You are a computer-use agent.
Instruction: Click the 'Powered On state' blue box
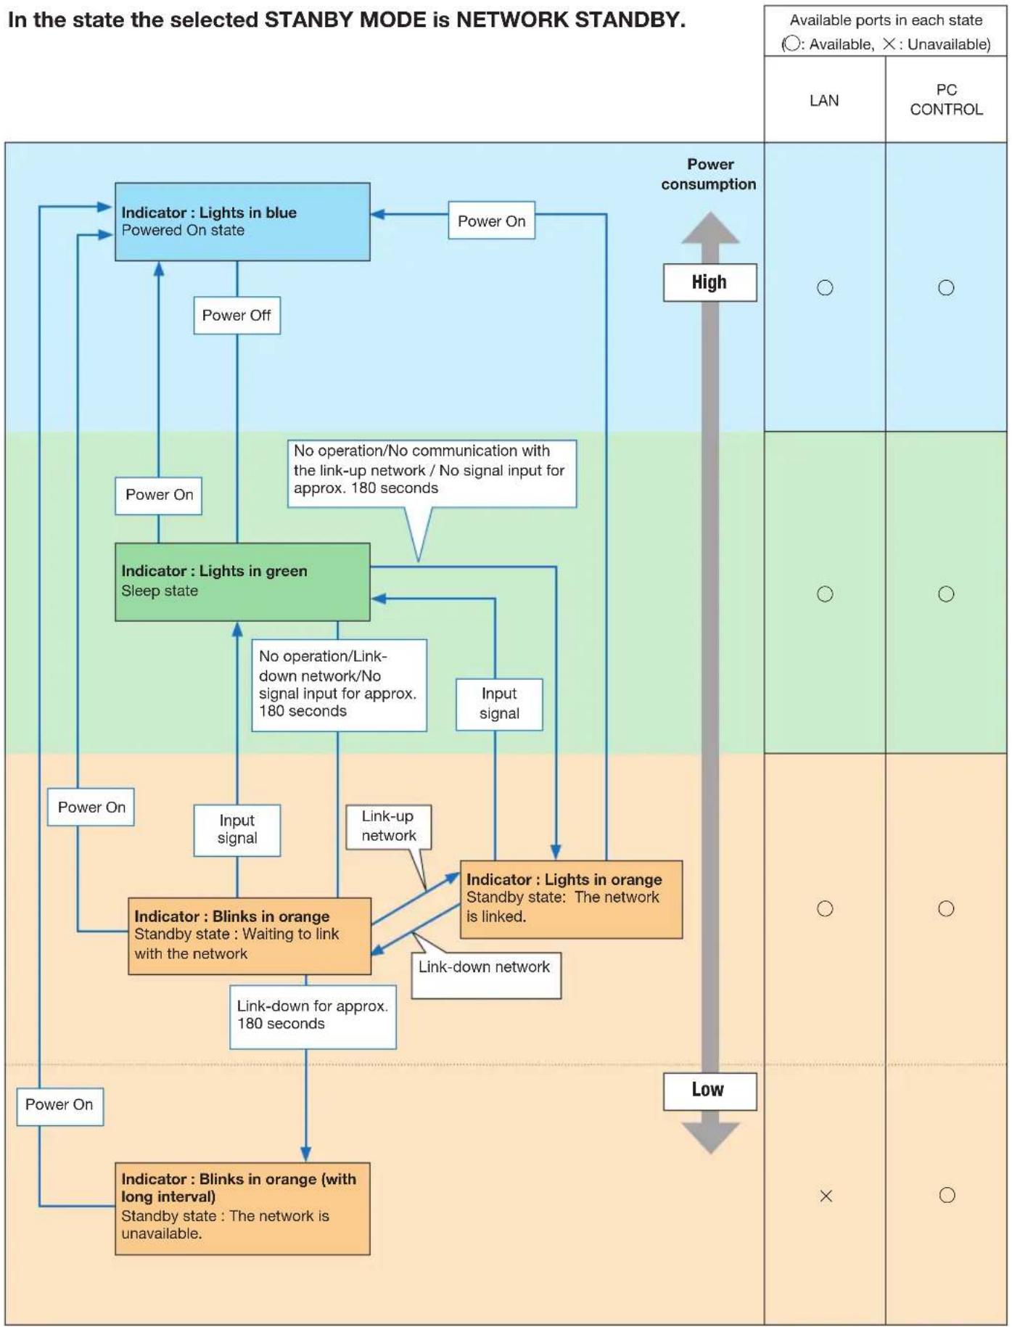(x=242, y=222)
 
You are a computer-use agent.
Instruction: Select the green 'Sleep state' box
(x=242, y=582)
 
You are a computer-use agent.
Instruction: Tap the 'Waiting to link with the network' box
(x=250, y=936)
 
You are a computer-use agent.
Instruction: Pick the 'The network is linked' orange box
(x=571, y=899)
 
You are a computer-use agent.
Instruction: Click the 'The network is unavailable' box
(x=242, y=1209)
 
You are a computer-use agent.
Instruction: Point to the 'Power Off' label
(x=236, y=316)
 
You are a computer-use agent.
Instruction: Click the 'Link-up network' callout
(x=388, y=826)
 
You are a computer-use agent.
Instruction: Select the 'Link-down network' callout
(x=486, y=975)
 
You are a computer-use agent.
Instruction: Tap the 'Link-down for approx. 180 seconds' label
(x=313, y=1016)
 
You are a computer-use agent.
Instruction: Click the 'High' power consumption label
(x=709, y=282)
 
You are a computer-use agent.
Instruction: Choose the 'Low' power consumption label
(x=709, y=1090)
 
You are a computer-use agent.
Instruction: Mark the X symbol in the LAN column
(x=826, y=1196)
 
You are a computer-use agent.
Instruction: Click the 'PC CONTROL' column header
(x=946, y=99)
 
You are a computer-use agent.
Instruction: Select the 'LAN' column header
(x=825, y=99)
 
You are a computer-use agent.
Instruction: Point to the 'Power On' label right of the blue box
(x=491, y=221)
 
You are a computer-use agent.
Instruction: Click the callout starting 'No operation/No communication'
(x=432, y=473)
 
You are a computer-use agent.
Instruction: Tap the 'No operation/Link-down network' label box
(x=339, y=685)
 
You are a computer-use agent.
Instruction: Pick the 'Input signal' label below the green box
(x=236, y=830)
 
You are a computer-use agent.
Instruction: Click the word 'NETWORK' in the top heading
(x=511, y=20)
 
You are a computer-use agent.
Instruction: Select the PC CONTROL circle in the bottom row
(x=947, y=1195)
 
